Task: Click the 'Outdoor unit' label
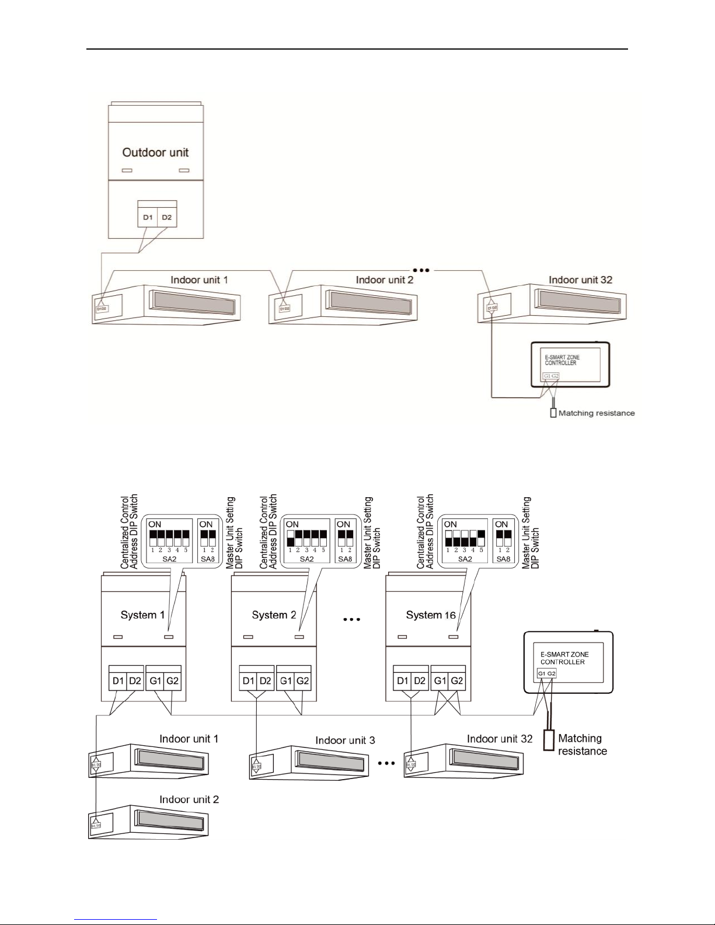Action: pyautogui.click(x=155, y=153)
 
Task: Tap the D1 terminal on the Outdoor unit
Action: pyautogui.click(x=147, y=218)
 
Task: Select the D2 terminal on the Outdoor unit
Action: pyautogui.click(x=167, y=218)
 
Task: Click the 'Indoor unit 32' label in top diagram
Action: pyautogui.click(x=580, y=280)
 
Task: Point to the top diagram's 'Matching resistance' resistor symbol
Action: pyautogui.click(x=553, y=413)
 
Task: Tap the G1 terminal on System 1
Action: pyautogui.click(x=155, y=681)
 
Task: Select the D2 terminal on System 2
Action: pyautogui.click(x=266, y=681)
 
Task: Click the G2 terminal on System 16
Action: pyautogui.click(x=457, y=681)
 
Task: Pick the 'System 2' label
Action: pyautogui.click(x=270, y=615)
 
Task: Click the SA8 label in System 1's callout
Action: pyautogui.click(x=207, y=559)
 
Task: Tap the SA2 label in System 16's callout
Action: pyautogui.click(x=465, y=559)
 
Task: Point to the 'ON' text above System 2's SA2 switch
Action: pyautogui.click(x=292, y=525)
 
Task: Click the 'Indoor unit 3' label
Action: pyautogui.click(x=345, y=741)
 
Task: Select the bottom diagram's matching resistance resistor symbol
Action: pyautogui.click(x=548, y=739)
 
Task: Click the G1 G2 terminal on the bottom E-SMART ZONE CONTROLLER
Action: pyautogui.click(x=547, y=673)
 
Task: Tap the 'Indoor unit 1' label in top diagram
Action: pyautogui.click(x=199, y=280)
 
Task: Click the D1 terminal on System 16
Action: pyautogui.click(x=403, y=681)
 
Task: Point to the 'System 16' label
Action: pyautogui.click(x=431, y=615)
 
